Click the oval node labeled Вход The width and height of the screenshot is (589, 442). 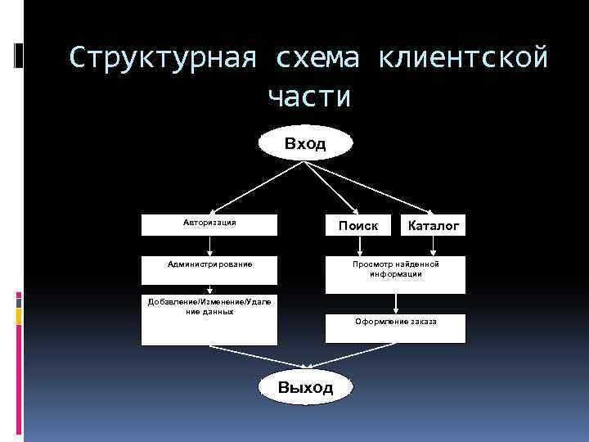point(306,144)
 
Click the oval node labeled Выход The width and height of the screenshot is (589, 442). point(306,387)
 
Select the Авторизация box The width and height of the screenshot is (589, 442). point(209,224)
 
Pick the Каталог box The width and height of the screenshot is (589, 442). point(434,225)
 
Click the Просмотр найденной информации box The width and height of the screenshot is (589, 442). point(396,274)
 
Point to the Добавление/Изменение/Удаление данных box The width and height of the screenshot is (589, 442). point(209,320)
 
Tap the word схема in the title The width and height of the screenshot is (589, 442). point(317,59)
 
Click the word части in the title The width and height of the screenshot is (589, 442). point(309,97)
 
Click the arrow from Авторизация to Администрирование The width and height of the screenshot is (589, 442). point(210,246)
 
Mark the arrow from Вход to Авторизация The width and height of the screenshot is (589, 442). point(253,189)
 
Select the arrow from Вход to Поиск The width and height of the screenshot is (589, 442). point(332,189)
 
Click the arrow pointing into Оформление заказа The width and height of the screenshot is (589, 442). point(396,304)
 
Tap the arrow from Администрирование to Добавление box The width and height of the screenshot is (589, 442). point(210,287)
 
